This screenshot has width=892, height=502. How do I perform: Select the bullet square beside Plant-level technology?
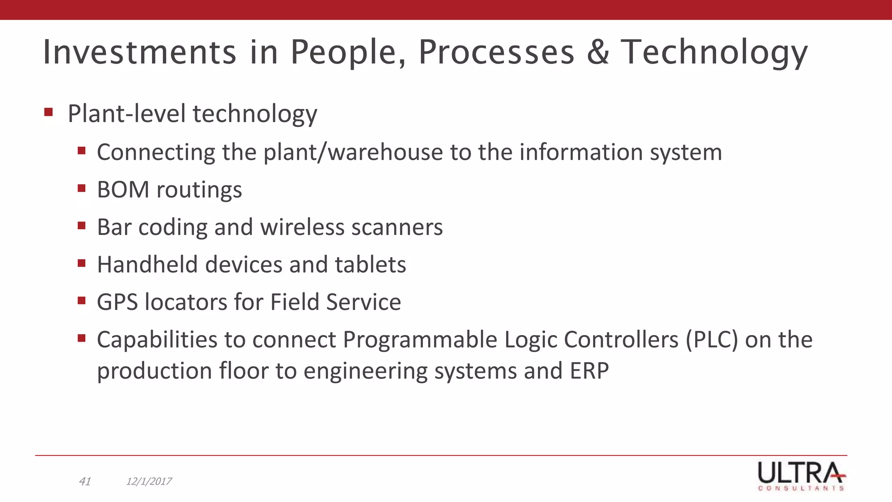pos(48,112)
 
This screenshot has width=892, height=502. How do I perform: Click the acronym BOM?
pos(123,190)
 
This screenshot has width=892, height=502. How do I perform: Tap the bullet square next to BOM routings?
pos(81,189)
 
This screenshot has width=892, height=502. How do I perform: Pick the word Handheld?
pos(148,265)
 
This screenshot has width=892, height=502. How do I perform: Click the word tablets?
pos(370,265)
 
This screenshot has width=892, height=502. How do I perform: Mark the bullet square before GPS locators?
pos(81,301)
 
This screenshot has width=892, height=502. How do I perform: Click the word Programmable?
pos(420,340)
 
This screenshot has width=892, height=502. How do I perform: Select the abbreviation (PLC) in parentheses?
pos(712,340)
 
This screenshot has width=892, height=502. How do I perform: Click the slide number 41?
pos(85,481)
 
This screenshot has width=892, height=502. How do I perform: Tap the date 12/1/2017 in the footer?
pos(149,481)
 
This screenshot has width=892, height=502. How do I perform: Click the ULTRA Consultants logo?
pos(801,476)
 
